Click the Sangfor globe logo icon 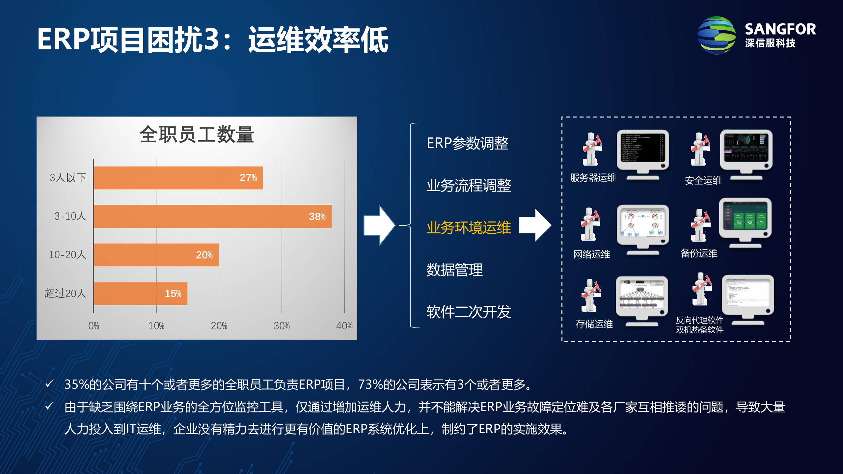(717, 35)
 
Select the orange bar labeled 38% (213, 216)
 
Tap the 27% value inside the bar (248, 178)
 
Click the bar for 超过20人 (141, 293)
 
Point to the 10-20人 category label (67, 255)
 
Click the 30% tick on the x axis (282, 326)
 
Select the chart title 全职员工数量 (197, 135)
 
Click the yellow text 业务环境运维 (468, 227)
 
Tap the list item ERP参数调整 (467, 143)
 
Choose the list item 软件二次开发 (468, 312)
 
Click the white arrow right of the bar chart (379, 225)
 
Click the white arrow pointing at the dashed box (535, 225)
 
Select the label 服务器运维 (593, 178)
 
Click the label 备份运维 (699, 253)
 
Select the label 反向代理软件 (699, 320)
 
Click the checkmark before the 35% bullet (49, 384)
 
